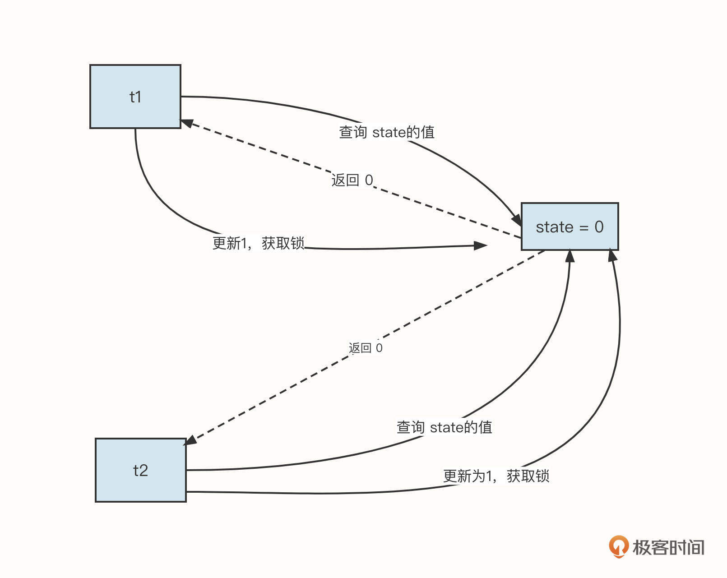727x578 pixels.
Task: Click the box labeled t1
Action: (x=135, y=97)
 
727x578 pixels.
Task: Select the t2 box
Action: (x=140, y=470)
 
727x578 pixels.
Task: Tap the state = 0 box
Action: (x=570, y=227)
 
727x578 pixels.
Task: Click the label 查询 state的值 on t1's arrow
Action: (x=387, y=132)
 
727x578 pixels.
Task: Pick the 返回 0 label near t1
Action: (x=352, y=180)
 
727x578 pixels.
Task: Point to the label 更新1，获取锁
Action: (x=259, y=243)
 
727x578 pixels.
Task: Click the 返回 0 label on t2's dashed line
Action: (x=366, y=348)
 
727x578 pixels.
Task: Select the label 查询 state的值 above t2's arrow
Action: (x=444, y=427)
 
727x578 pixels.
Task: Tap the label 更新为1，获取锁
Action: (x=496, y=476)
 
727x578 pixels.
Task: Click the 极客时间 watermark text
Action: (x=668, y=548)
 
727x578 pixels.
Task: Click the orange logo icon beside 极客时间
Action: (x=618, y=546)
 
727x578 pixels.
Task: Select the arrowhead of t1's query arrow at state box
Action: (x=516, y=220)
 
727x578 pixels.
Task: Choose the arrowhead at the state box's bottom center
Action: (x=570, y=256)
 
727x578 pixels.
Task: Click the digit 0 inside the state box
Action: (x=599, y=227)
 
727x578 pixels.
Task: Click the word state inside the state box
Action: (x=554, y=227)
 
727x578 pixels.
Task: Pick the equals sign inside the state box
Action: (x=584, y=227)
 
